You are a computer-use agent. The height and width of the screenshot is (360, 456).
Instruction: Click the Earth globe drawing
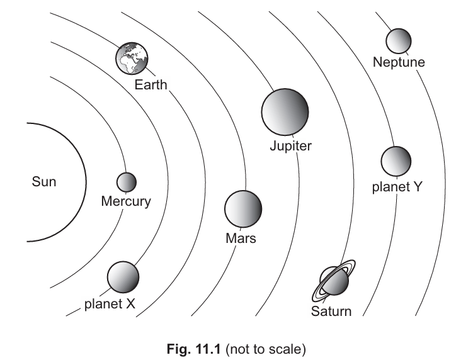click(131, 59)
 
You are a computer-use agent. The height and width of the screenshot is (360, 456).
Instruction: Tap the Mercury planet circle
click(127, 182)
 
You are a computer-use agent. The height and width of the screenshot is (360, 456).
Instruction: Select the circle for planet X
click(123, 276)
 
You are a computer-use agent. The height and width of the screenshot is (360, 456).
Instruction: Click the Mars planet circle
click(242, 207)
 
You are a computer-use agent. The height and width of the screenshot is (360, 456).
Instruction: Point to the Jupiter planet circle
click(285, 112)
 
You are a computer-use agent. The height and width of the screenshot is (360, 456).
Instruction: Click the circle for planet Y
click(396, 160)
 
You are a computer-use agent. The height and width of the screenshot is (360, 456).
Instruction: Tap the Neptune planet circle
click(399, 42)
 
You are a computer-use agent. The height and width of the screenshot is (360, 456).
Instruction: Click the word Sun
click(44, 183)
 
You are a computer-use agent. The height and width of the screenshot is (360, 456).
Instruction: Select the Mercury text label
click(126, 201)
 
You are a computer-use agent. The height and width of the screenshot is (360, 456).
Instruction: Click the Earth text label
click(151, 84)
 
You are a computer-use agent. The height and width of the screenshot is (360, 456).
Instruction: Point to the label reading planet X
click(110, 304)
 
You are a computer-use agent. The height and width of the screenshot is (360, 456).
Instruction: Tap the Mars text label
click(241, 239)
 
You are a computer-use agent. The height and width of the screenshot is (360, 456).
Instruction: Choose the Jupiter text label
click(290, 146)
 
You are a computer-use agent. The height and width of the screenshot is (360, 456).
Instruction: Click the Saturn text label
click(331, 311)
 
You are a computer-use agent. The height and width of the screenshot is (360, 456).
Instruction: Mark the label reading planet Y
click(397, 186)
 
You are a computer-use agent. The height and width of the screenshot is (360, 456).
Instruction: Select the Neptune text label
click(399, 62)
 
